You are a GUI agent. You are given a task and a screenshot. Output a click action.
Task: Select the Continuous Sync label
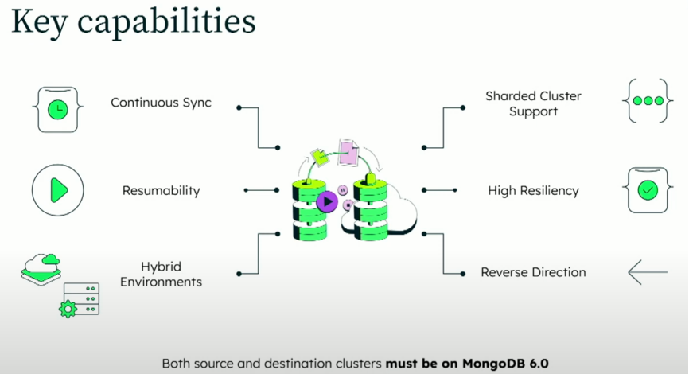click(x=161, y=103)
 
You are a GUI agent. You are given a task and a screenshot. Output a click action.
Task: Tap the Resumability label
click(x=161, y=191)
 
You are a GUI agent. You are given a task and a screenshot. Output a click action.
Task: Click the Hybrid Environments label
click(x=161, y=274)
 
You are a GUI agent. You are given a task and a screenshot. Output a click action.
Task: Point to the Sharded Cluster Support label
click(x=533, y=103)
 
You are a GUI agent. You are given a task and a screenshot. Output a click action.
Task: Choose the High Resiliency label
click(x=533, y=191)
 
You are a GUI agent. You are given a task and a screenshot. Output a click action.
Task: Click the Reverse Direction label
click(x=533, y=272)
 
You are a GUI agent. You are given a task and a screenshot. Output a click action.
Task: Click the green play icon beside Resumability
click(x=57, y=190)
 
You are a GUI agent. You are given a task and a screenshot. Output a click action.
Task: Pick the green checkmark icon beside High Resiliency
click(x=648, y=190)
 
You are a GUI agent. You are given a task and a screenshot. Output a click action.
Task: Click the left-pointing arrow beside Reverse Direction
click(x=647, y=272)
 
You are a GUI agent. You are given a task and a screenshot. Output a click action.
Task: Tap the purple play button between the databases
click(x=326, y=201)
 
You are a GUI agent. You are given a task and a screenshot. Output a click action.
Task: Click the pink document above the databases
click(x=348, y=152)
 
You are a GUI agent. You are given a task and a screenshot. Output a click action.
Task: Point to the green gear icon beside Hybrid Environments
click(x=68, y=309)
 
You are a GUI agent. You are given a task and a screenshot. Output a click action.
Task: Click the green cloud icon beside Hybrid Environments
click(x=41, y=263)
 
